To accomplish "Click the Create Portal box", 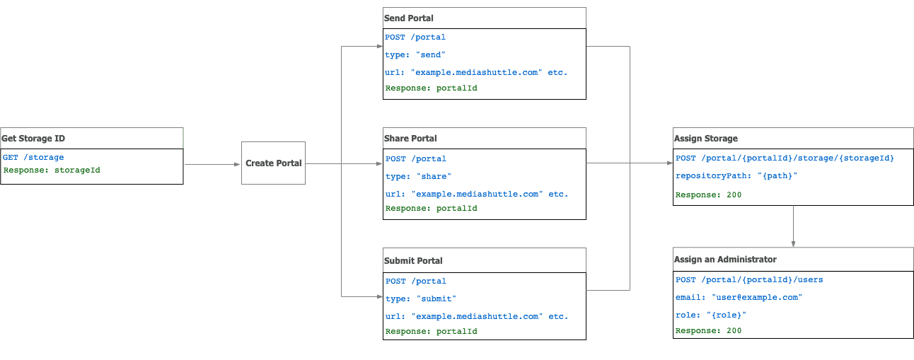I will tap(273, 163).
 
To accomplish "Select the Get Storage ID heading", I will tap(33, 139).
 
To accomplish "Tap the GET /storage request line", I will tap(33, 158).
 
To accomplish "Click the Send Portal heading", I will tap(409, 18).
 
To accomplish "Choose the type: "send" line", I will tap(416, 54).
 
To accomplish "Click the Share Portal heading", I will tap(410, 139).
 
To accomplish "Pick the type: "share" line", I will tap(418, 176).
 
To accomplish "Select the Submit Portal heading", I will tap(413, 260).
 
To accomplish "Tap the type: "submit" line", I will tap(421, 298).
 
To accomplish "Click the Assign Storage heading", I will tap(706, 139).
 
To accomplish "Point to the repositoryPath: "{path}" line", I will tap(736, 176).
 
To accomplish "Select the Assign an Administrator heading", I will tap(725, 260).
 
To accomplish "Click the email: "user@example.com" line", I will tap(739, 297).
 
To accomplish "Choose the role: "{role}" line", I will tap(711, 315).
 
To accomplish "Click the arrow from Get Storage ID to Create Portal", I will tap(212, 164).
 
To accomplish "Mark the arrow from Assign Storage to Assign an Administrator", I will tap(793, 226).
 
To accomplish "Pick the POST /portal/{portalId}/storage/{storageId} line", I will tap(785, 158).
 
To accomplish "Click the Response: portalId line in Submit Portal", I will tap(432, 331).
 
